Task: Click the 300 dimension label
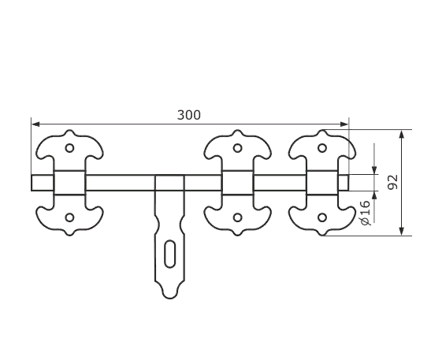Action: [x=189, y=115]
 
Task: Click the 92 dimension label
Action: [x=392, y=182]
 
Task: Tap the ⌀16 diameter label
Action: [x=365, y=213]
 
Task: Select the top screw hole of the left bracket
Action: [x=69, y=148]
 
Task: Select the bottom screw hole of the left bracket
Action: [x=69, y=217]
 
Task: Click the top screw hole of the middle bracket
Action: [x=237, y=148]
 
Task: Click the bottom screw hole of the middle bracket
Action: [x=237, y=217]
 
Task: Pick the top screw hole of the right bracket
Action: [x=322, y=148]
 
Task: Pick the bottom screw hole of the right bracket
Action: [x=322, y=217]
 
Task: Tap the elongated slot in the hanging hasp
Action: [x=169, y=254]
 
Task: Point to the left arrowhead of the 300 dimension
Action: [x=35, y=124]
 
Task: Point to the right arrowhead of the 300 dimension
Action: [x=344, y=124]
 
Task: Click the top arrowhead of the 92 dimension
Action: [x=402, y=134]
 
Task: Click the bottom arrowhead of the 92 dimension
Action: [x=402, y=231]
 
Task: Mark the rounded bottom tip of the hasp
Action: [x=169, y=299]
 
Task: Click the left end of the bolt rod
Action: [x=32, y=183]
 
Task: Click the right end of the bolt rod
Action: [x=348, y=183]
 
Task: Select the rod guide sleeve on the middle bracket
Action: [x=237, y=183]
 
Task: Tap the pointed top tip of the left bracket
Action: [x=69, y=131]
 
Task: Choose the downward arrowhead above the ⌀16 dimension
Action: [x=374, y=170]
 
